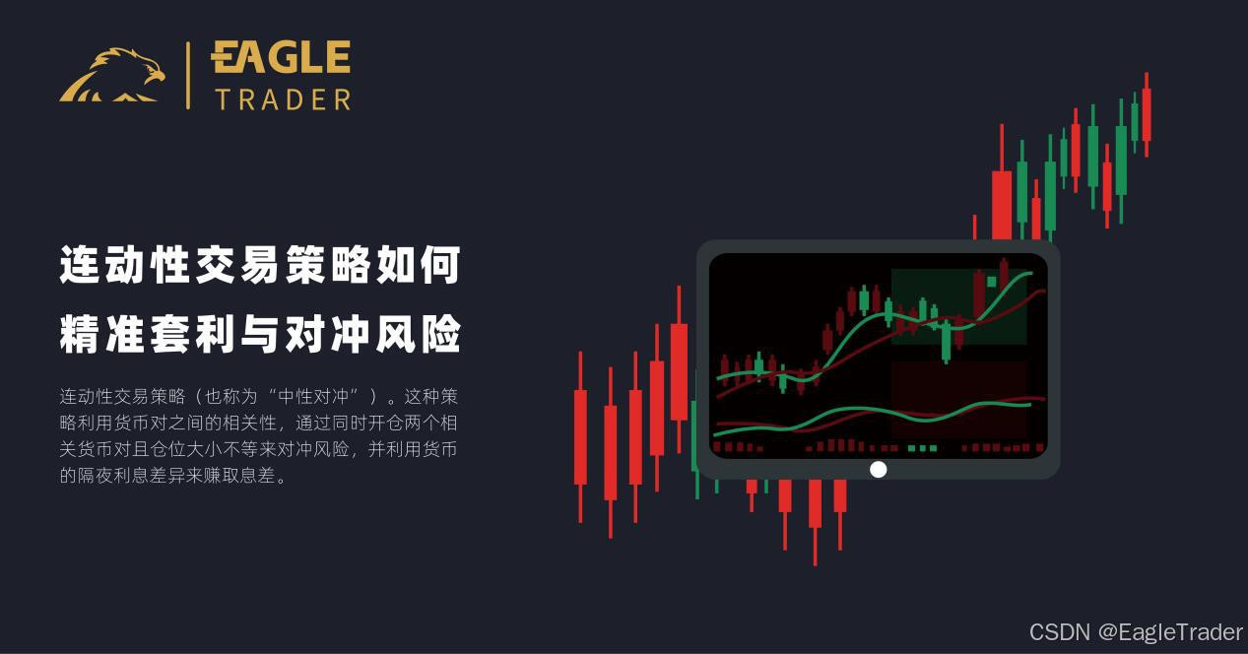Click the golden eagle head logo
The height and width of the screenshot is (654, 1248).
[112, 75]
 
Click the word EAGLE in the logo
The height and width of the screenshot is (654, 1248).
[281, 57]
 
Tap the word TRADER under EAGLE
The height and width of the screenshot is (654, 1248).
[284, 99]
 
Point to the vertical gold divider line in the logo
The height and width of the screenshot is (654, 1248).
[188, 75]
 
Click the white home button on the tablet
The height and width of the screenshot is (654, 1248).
[878, 470]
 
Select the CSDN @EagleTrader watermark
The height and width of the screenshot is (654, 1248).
[1136, 632]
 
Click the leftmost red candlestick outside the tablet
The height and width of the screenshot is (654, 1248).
[580, 437]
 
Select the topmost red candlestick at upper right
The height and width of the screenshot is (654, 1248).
[1147, 114]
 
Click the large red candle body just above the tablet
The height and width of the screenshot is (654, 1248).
[1002, 206]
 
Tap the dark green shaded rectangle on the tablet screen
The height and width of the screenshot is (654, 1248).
[958, 307]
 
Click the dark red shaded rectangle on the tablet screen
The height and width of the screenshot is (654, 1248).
[958, 399]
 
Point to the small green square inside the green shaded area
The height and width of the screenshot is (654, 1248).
[992, 282]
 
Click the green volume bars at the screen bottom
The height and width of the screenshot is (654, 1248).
[922, 448]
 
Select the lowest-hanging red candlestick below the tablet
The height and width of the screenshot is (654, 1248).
[816, 522]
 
